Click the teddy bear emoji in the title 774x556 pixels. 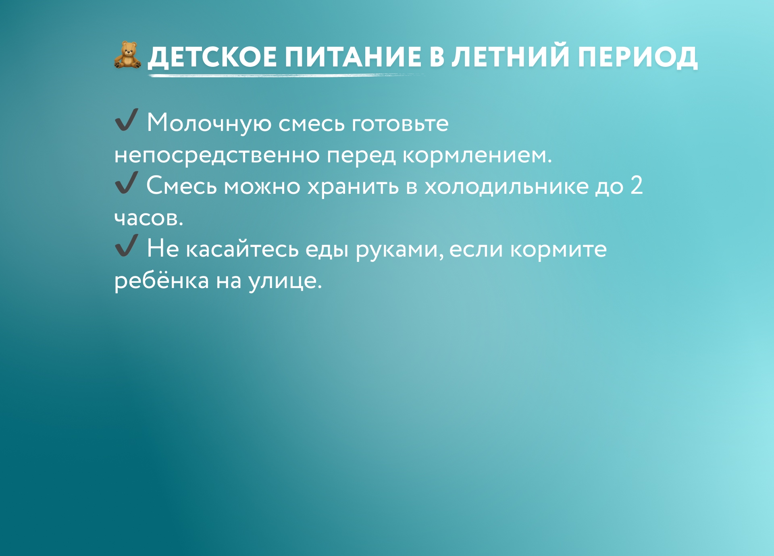[x=127, y=55]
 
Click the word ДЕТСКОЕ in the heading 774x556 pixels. [x=212, y=57]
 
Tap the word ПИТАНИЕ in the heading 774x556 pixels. [x=353, y=56]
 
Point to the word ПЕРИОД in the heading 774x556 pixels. [x=638, y=57]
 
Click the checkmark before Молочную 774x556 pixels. [x=126, y=120]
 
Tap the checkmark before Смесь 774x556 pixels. [x=126, y=183]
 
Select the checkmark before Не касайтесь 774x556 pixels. [x=126, y=245]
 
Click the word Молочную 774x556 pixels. [x=209, y=123]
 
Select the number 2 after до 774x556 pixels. [x=637, y=185]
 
